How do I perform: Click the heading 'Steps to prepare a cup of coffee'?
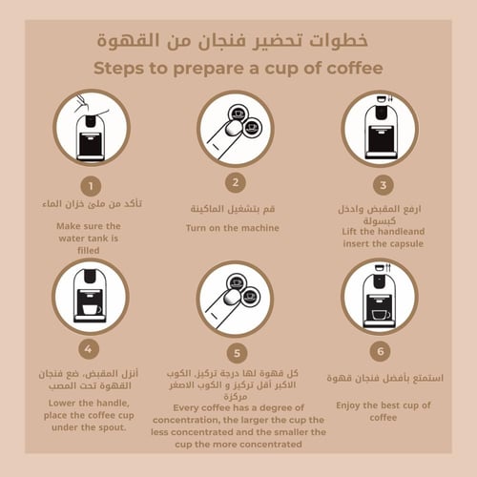pyautogui.click(x=238, y=69)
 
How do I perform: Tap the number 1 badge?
pyautogui.click(x=91, y=185)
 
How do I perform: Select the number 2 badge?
pyautogui.click(x=235, y=181)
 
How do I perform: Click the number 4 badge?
pyautogui.click(x=91, y=348)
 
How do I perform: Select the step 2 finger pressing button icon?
pyautogui.click(x=235, y=129)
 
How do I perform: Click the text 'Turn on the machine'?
pyautogui.click(x=233, y=228)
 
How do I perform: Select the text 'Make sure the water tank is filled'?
pyautogui.click(x=92, y=238)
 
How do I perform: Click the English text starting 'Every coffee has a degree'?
pyautogui.click(x=239, y=425)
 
